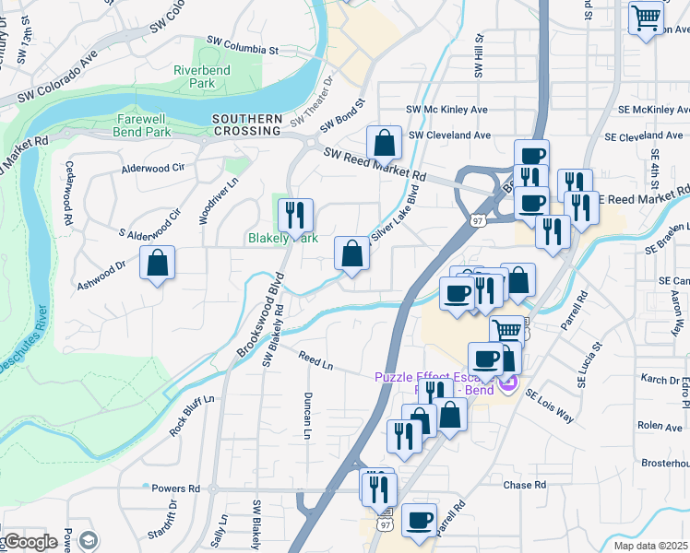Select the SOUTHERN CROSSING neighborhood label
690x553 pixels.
pyautogui.click(x=246, y=124)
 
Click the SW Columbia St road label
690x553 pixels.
pyautogui.click(x=243, y=42)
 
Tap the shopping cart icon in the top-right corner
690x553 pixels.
pyautogui.click(x=647, y=18)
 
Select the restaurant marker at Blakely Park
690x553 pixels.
pyautogui.click(x=295, y=216)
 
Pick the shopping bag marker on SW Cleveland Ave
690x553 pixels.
pyautogui.click(x=384, y=143)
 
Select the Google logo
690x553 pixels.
pyautogui.click(x=30, y=542)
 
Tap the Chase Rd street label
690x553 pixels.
pyautogui.click(x=525, y=485)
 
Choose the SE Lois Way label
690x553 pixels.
pyautogui.click(x=550, y=406)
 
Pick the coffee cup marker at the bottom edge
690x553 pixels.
pyautogui.click(x=420, y=521)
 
